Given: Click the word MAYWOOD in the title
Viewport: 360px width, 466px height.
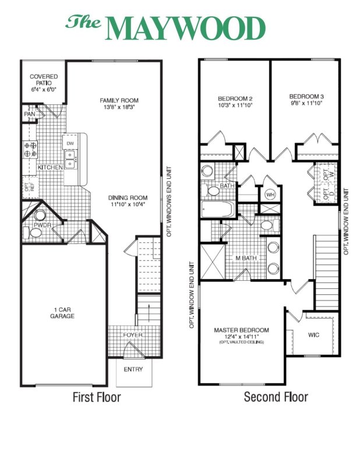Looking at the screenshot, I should tap(186, 27).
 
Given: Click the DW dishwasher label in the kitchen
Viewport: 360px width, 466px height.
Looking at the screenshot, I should tap(70, 143).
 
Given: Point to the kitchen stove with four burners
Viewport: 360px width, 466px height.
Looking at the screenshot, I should tap(30, 150).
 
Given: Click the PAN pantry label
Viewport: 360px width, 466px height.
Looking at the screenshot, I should tap(29, 114).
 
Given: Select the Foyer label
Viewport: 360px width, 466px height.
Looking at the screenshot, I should tap(132, 335).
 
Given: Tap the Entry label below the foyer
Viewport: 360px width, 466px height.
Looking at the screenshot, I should tap(133, 369).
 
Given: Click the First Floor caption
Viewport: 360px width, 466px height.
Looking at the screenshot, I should tap(96, 398).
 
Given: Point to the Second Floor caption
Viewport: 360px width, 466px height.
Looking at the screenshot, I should tap(276, 398).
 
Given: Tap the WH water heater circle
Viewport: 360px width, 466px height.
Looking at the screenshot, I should tap(270, 194).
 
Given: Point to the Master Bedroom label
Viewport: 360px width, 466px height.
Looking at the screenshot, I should tap(242, 330).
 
